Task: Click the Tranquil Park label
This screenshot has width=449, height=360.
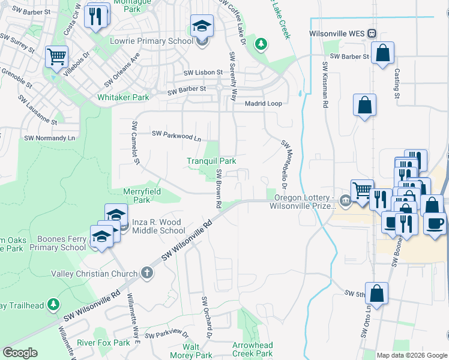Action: point(211,161)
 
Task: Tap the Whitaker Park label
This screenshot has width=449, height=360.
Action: point(123,97)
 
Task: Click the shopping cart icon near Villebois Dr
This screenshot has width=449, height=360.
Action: point(56,58)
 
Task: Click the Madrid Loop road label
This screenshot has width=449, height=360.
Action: point(263,103)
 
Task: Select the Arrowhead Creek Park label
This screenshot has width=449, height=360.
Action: point(253,349)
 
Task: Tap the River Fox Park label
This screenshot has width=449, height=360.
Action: point(103,343)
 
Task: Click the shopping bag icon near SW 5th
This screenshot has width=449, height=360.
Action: point(376,294)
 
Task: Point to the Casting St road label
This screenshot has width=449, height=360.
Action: point(397,83)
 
